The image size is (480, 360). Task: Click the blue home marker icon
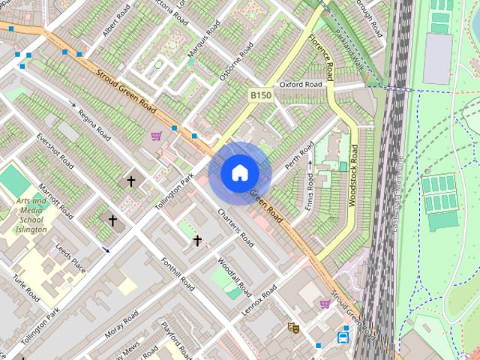(238, 173)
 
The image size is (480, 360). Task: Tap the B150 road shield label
(259, 95)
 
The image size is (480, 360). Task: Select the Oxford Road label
(301, 85)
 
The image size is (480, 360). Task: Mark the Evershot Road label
(55, 151)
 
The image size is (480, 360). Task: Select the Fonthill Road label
(178, 275)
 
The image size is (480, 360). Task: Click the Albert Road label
(116, 21)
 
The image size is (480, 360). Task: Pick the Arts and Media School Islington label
(31, 215)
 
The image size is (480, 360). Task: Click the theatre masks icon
(293, 328)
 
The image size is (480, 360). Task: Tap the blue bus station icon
(344, 336)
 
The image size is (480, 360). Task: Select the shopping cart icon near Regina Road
(156, 136)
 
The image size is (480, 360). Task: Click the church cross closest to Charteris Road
(197, 240)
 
